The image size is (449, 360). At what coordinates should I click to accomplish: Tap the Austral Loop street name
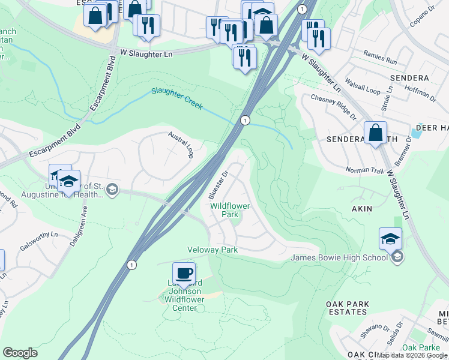(x=179, y=145)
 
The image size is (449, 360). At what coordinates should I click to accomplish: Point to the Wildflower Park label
(x=229, y=210)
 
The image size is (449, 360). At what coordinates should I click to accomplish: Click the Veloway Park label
(x=212, y=250)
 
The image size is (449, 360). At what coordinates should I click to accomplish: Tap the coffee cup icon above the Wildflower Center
(x=184, y=273)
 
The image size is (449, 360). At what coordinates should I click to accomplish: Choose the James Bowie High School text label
(x=339, y=258)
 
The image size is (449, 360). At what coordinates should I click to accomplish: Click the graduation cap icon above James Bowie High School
(x=390, y=238)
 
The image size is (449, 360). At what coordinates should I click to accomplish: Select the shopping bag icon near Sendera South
(x=375, y=132)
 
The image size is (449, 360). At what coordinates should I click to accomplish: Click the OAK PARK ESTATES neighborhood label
(x=348, y=308)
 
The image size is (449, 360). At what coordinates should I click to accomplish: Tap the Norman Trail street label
(x=364, y=170)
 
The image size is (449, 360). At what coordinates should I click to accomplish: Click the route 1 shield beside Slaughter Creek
(x=245, y=121)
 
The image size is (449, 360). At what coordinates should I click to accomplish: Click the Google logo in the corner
(x=20, y=353)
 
